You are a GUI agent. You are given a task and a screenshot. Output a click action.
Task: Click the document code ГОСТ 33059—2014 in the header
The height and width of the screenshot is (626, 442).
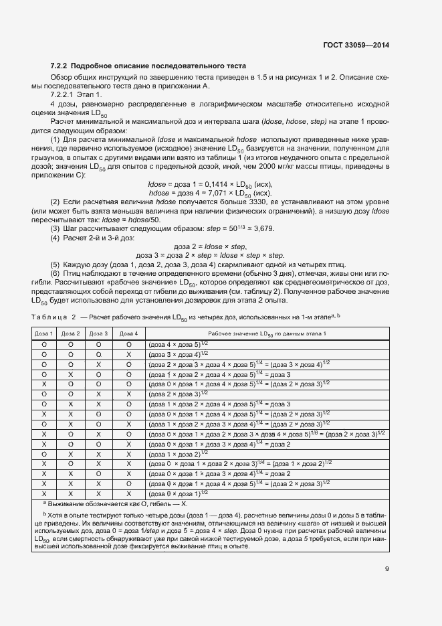coord(355,45)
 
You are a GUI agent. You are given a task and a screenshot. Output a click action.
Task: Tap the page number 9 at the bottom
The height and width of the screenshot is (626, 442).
coord(387,570)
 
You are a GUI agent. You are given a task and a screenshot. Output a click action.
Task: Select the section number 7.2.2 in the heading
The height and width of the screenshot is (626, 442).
coord(59,66)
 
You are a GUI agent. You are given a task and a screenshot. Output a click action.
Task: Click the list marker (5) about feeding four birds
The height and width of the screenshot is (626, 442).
coord(56,264)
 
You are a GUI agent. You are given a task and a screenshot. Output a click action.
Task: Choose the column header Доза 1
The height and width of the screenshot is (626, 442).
coord(43,333)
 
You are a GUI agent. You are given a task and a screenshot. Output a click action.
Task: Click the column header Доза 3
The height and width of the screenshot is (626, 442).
coord(98,333)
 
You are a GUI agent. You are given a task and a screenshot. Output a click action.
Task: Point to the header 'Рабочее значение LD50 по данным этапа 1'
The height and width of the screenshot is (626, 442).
coord(267,333)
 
